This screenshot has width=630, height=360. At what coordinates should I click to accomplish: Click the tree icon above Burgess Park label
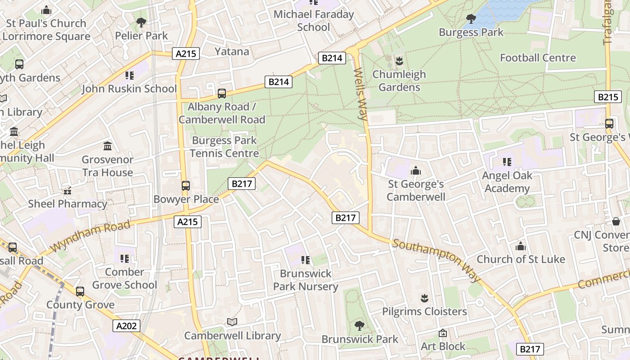[471, 19]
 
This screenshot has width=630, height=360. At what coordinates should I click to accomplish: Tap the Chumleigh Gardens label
[399, 81]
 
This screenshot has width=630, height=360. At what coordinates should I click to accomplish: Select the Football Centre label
[538, 58]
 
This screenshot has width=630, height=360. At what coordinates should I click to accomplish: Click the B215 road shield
[607, 97]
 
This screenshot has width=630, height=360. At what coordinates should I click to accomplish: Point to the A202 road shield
[126, 326]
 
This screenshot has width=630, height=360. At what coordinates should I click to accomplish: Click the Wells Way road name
[361, 94]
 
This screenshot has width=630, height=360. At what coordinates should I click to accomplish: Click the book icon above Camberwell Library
[232, 322]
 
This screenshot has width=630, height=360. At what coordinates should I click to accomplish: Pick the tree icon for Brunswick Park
[359, 325]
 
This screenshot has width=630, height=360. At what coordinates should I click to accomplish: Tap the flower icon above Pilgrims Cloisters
[424, 298]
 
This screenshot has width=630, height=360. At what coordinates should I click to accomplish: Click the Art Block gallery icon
[443, 333]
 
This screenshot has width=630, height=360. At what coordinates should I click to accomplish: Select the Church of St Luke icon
[521, 246]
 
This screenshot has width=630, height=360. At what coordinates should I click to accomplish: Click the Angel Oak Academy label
[507, 182]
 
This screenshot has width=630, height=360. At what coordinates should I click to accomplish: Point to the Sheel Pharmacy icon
[67, 191]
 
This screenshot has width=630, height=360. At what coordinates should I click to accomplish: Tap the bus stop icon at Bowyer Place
[185, 185]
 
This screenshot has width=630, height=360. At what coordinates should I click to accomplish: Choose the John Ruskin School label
[129, 89]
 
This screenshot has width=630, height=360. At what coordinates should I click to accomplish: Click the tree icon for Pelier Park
[141, 22]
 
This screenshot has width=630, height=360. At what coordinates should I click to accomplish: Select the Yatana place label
[232, 51]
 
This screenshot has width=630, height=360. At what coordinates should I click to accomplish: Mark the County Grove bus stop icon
[80, 292]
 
